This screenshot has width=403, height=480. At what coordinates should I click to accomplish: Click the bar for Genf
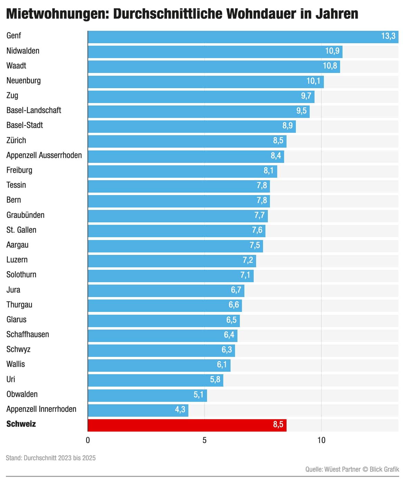pyautogui.click(x=242, y=37)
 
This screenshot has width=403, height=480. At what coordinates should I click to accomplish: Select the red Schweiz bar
pyautogui.click(x=187, y=425)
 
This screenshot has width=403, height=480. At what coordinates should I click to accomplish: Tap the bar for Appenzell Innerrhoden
pyautogui.click(x=138, y=410)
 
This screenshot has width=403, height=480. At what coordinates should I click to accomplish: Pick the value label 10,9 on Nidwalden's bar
pyautogui.click(x=332, y=51)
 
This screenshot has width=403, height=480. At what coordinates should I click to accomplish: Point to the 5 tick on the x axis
pyautogui.click(x=205, y=440)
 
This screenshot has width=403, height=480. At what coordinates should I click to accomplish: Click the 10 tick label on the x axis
pyautogui.click(x=321, y=440)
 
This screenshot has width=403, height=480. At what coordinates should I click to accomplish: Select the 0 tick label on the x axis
pyautogui.click(x=88, y=440)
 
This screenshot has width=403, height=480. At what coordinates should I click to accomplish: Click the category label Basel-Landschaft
pyautogui.click(x=34, y=110)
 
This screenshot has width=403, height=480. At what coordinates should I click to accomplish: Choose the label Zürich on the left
pyautogui.click(x=16, y=140)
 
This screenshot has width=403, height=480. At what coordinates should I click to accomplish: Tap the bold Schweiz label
pyautogui.click(x=21, y=424)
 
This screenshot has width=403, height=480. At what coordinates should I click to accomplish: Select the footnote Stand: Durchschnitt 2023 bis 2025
pyautogui.click(x=51, y=458)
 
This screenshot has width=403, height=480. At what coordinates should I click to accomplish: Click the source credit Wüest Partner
pyautogui.click(x=342, y=469)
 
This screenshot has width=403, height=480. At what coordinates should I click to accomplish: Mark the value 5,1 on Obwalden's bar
pyautogui.click(x=199, y=395)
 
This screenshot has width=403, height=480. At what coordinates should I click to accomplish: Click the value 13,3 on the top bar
pyautogui.click(x=388, y=36)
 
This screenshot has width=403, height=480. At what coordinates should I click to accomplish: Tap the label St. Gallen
pyautogui.click(x=21, y=230)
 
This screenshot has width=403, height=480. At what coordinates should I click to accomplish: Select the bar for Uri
pyautogui.click(x=156, y=380)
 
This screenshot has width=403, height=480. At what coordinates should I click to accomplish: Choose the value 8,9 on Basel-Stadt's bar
pyautogui.click(x=288, y=126)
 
